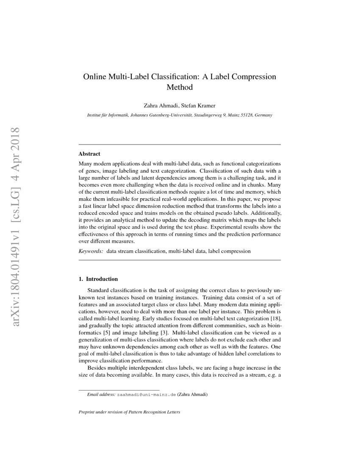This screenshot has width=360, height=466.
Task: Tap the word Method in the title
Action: coord(180,88)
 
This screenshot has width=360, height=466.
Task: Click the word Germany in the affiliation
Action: coord(263,115)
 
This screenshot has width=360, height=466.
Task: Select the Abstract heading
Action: coord(89,154)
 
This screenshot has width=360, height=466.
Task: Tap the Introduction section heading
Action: coord(101,279)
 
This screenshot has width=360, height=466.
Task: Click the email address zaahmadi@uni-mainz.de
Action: coord(147,394)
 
